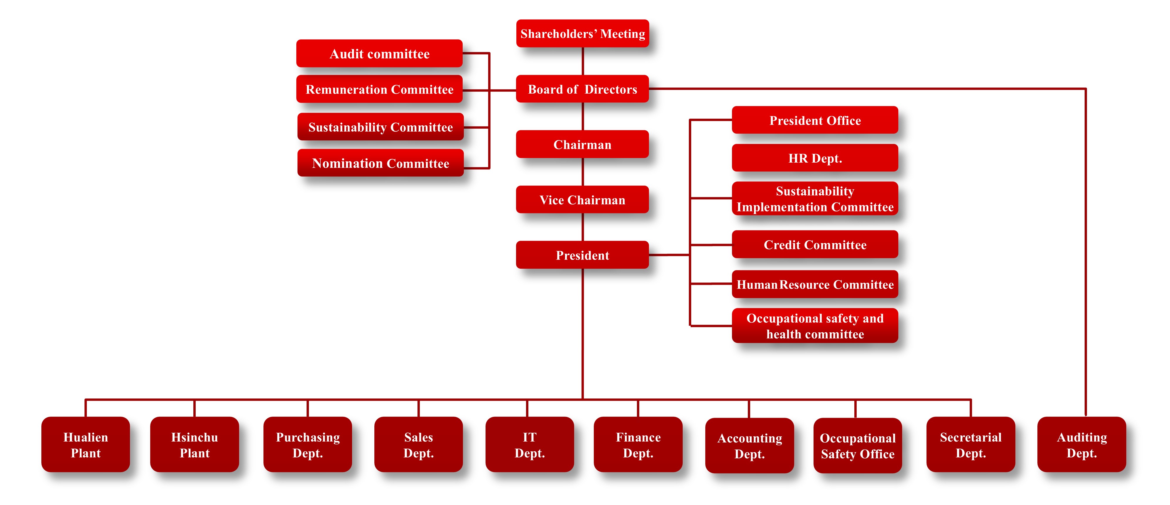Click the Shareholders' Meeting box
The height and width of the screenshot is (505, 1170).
tap(582, 34)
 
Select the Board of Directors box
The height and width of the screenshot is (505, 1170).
tap(582, 89)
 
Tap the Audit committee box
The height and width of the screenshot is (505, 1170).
tap(379, 54)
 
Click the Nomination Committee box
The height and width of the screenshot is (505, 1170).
tap(380, 163)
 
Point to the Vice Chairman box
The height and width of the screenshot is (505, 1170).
tap(582, 200)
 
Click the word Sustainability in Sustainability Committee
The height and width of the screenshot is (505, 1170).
tap(347, 127)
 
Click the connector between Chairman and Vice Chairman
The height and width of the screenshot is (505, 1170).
tap(583, 172)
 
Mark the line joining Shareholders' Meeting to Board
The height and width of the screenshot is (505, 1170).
tap(583, 61)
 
